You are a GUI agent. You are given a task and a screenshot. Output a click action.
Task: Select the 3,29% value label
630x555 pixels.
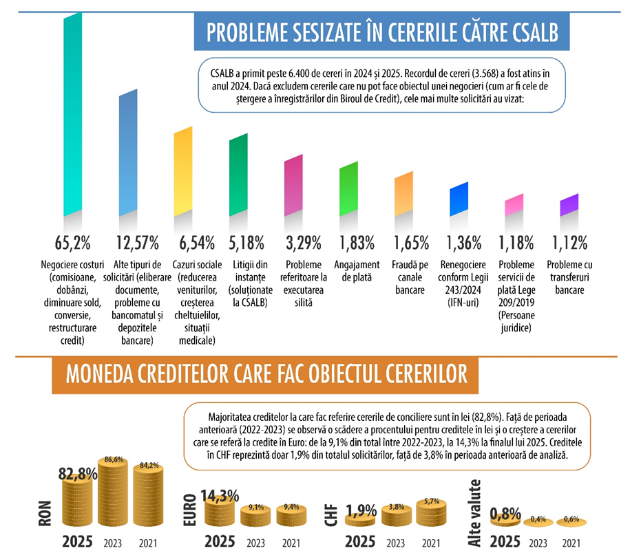[302, 243]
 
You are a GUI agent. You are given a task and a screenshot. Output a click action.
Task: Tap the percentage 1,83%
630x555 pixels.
[357, 243]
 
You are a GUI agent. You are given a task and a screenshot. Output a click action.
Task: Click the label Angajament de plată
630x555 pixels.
[357, 270]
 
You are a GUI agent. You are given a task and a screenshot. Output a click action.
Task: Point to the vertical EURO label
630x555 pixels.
[189, 508]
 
